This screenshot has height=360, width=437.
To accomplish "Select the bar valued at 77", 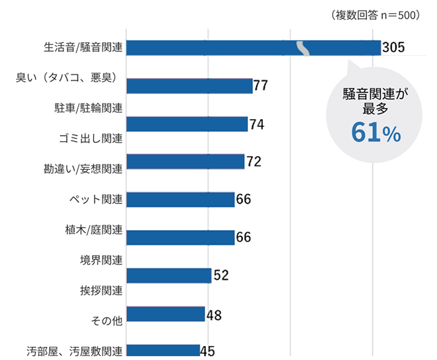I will pyautogui.click(x=189, y=86).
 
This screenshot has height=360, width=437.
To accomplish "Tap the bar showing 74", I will pyautogui.click(x=187, y=124).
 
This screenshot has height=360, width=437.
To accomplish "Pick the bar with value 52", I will pyautogui.click(x=169, y=276).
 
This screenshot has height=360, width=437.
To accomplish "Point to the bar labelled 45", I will pyautogui.click(x=163, y=351).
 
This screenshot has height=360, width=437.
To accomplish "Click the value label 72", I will pyautogui.click(x=253, y=162).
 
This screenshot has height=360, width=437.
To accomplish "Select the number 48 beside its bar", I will pyautogui.click(x=214, y=314).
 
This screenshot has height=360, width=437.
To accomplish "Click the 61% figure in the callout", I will pyautogui.click(x=375, y=132).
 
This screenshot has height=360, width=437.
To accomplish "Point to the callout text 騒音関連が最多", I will pyautogui.click(x=375, y=102).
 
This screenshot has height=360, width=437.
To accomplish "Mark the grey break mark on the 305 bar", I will pyautogui.click(x=303, y=48).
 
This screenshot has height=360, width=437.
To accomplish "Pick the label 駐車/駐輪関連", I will pyautogui.click(x=88, y=108).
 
